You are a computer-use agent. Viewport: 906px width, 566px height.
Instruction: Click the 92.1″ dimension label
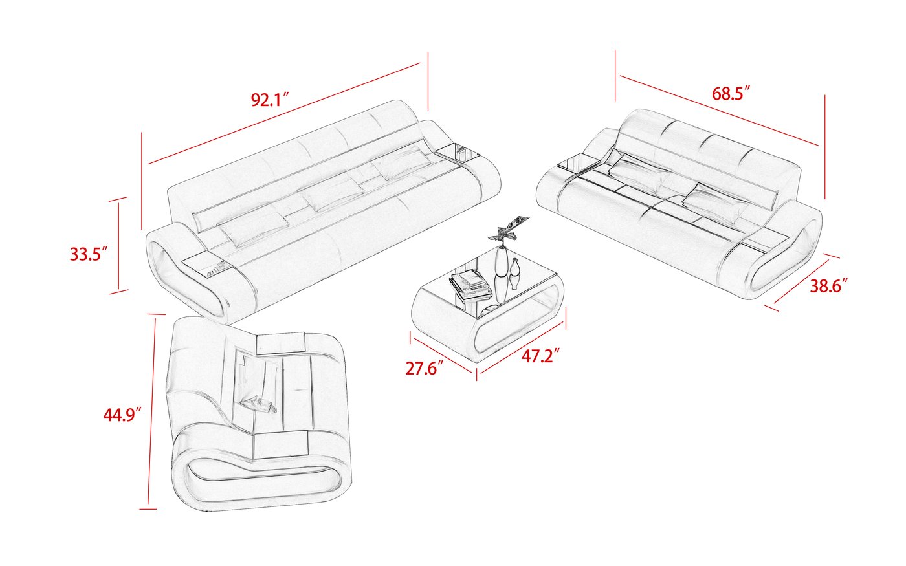tap(269, 100)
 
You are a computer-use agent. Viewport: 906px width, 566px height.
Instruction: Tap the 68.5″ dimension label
tap(731, 93)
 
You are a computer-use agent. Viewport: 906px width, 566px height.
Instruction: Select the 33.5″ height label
tap(88, 254)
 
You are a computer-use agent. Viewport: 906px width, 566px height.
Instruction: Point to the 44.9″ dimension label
tap(122, 415)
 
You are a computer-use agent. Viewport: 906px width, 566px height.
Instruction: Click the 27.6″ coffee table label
tap(425, 369)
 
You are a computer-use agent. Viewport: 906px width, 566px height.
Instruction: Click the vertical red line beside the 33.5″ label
tap(118, 246)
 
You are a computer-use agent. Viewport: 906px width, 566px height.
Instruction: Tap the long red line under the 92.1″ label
tap(285, 114)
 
